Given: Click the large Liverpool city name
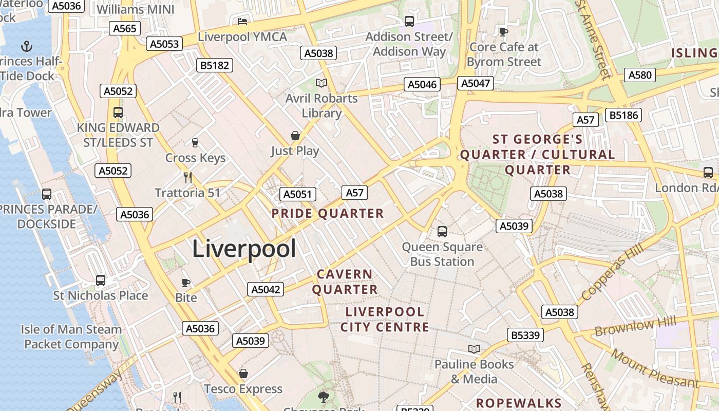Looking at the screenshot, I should (244, 249).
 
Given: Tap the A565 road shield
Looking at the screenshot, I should (125, 28).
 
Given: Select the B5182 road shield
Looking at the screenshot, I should (215, 65).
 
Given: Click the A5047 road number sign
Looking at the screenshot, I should (476, 83).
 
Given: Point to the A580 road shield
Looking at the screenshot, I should (640, 75).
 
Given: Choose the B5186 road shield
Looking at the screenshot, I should (625, 115).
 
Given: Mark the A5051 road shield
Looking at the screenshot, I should (298, 194).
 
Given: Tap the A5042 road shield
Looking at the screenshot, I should (265, 289).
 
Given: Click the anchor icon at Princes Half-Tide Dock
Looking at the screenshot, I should (27, 47).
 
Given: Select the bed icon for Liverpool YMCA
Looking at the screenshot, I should (242, 22).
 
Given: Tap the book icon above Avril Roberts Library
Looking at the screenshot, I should (321, 83).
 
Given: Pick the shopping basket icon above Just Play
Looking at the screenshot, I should (295, 136).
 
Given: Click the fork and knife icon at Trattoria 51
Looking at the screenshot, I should (188, 178).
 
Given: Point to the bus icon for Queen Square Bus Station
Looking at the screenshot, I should (442, 232).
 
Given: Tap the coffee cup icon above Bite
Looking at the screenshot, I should (186, 283).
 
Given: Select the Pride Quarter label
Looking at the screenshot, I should (328, 214).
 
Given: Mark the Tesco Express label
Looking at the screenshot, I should (243, 389).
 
